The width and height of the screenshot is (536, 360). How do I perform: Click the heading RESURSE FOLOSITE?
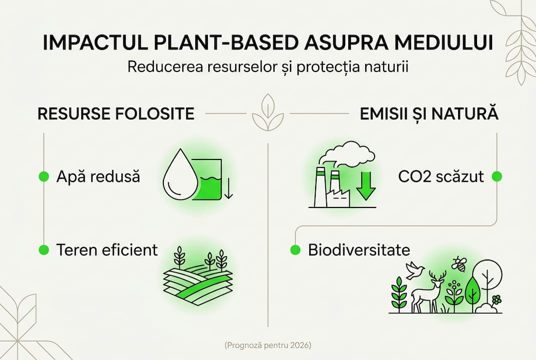(x=116, y=114)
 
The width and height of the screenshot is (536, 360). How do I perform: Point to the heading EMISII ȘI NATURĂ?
(x=429, y=114)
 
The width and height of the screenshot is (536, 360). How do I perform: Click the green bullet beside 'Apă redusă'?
(x=44, y=176)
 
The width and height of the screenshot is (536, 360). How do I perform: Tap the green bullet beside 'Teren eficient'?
(x=44, y=249)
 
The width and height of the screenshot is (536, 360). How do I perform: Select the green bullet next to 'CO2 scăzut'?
(x=497, y=176)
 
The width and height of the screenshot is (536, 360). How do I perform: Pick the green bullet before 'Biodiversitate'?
(x=296, y=249)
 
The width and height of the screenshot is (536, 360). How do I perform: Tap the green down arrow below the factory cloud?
(x=366, y=185)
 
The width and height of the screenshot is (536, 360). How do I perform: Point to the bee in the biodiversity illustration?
(x=459, y=263)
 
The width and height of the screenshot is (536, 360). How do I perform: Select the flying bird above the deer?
(x=415, y=270)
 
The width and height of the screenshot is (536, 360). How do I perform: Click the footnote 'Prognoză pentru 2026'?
(x=268, y=345)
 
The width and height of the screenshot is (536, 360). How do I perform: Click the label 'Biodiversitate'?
(x=359, y=249)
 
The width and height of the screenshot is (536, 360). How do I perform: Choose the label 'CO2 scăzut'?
(x=441, y=176)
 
